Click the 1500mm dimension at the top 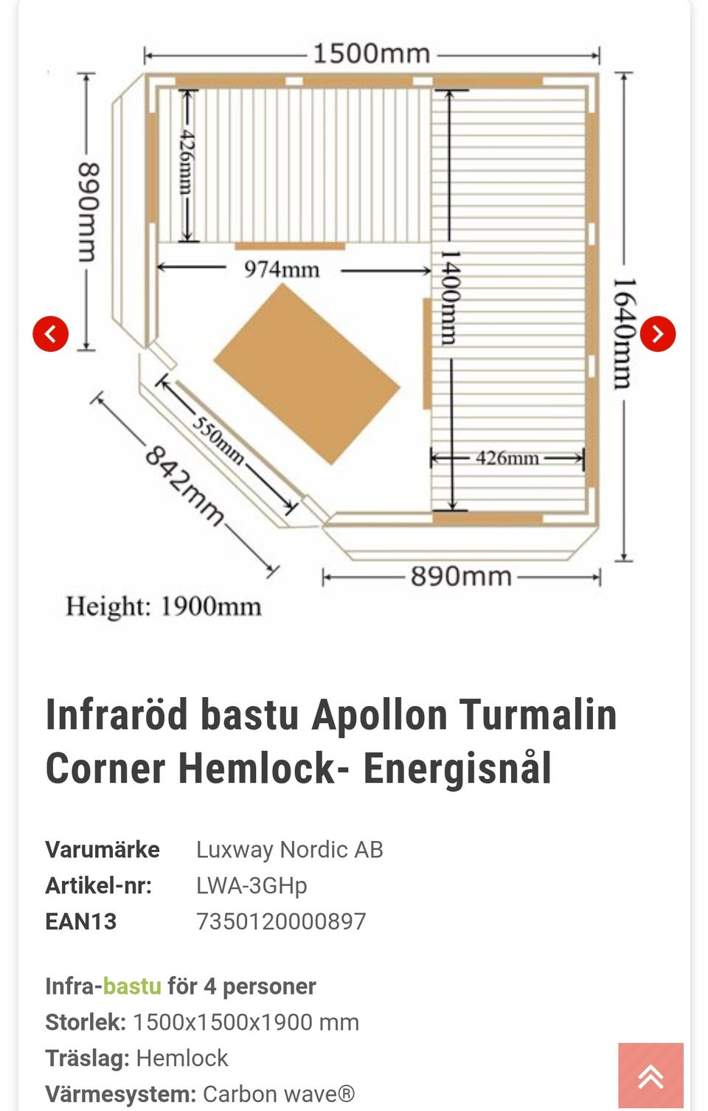coord(372,54)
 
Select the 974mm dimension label coord(282,270)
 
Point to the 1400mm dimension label coord(451,297)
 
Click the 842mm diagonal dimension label coord(184,485)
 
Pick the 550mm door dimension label coord(218,441)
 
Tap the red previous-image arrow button coord(51,333)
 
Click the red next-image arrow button coord(657,333)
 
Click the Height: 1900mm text coord(164,606)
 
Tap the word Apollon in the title coord(379,716)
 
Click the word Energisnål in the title coord(457,768)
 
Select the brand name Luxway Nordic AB coord(290,850)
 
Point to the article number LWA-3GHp coord(252,886)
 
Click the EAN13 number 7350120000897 coord(281,921)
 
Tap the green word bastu coord(132,986)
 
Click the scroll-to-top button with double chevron coord(651,1076)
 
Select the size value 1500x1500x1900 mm coord(246,1022)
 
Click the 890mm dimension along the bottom coord(461,577)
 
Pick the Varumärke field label coord(102,850)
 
